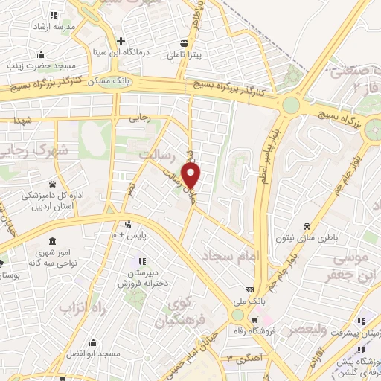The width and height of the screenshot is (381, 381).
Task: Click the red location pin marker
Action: point(192,176)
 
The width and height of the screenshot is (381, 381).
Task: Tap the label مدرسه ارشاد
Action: point(51,26)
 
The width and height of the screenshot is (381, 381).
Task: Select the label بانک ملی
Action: point(250,301)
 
